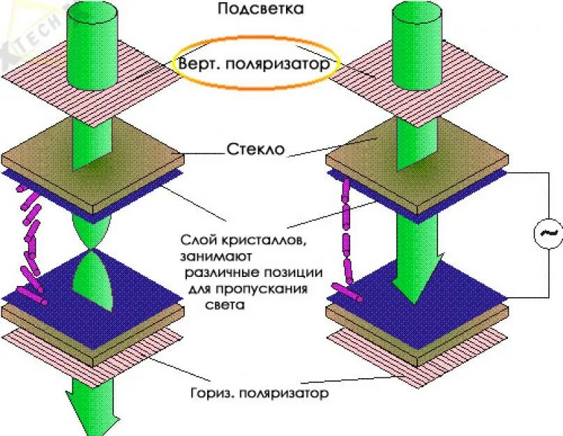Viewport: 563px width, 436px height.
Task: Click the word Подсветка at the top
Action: [x=251, y=9]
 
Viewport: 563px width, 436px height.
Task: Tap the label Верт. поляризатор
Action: [x=253, y=64]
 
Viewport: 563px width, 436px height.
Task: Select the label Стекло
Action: [x=255, y=149]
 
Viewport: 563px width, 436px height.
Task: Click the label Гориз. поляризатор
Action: [x=259, y=393]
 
